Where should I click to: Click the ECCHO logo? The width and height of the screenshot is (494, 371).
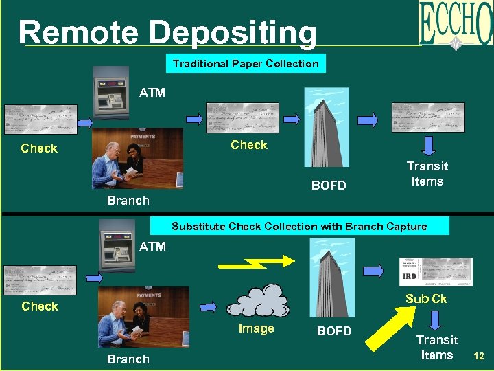(x=456, y=25)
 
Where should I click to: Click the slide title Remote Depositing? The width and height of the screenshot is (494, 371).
(x=167, y=32)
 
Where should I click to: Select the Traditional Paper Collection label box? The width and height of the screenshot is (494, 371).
(x=246, y=64)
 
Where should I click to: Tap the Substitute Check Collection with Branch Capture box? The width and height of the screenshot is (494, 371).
(x=299, y=226)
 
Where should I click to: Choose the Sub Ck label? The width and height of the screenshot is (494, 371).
(x=425, y=298)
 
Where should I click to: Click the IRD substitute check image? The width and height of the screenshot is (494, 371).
(x=435, y=271)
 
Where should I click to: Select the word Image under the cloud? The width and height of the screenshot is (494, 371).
(x=256, y=328)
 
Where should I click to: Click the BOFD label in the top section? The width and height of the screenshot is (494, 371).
(x=329, y=185)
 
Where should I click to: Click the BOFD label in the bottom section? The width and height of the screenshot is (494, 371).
(x=334, y=331)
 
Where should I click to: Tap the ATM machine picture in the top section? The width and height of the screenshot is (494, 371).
(x=111, y=99)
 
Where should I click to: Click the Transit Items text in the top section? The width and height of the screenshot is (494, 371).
(x=427, y=174)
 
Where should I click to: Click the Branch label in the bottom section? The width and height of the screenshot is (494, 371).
(x=128, y=359)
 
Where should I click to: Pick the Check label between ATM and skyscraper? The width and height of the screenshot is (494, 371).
(x=249, y=145)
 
